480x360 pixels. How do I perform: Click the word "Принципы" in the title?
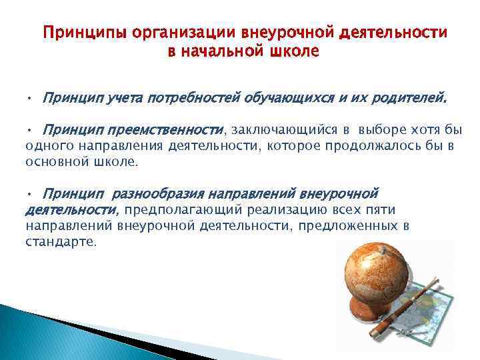pos(82,33)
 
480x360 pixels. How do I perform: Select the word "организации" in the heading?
pos(174,33)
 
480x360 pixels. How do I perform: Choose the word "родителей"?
pos(410,99)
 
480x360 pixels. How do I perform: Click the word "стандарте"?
pos(61,242)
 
